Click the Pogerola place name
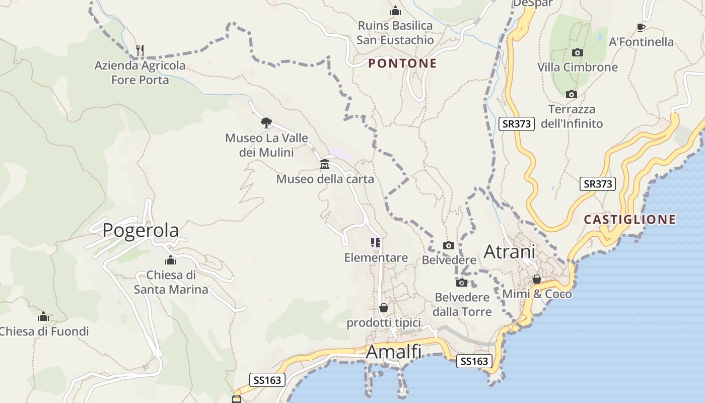[140, 230]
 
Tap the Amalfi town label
[393, 352]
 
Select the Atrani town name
[509, 251]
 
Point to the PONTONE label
[402, 63]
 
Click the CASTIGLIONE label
[629, 220]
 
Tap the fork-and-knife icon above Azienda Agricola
[140, 50]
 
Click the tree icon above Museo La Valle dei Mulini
[266, 122]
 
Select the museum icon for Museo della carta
[325, 164]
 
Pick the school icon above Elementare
[376, 243]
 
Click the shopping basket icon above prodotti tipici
[384, 307]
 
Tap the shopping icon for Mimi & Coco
[537, 279]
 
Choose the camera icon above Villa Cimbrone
[578, 52]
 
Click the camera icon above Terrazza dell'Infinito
[571, 94]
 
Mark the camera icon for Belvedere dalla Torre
[462, 283]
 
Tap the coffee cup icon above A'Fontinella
[641, 27]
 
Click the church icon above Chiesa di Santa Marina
[171, 260]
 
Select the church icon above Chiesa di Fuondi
[43, 316]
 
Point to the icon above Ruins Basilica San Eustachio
[395, 11]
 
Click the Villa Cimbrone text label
[577, 67]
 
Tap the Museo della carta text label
[325, 179]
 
